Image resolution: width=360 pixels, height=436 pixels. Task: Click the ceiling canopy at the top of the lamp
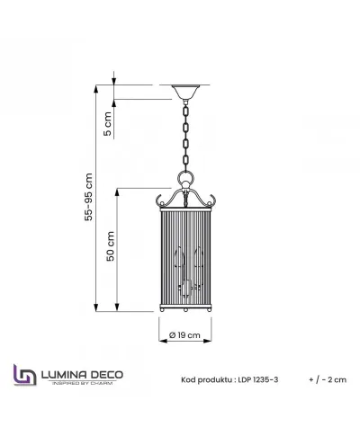coord(187,92)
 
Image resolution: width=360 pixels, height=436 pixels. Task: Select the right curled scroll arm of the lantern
coord(214,200)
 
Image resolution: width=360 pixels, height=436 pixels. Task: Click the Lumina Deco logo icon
coord(22,376)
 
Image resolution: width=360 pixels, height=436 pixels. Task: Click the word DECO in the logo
coord(107,373)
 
